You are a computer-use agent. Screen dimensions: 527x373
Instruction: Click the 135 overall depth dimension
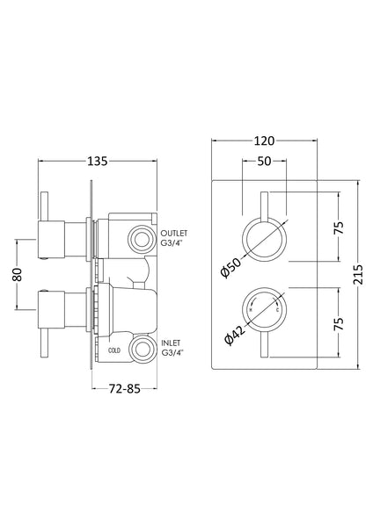click(x=98, y=161)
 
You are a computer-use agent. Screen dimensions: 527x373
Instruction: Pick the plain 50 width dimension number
click(x=264, y=161)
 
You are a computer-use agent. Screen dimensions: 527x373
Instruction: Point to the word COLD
click(x=114, y=349)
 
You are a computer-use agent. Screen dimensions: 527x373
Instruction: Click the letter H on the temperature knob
click(x=252, y=311)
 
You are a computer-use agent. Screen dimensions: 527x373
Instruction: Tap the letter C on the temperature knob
click(x=277, y=311)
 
